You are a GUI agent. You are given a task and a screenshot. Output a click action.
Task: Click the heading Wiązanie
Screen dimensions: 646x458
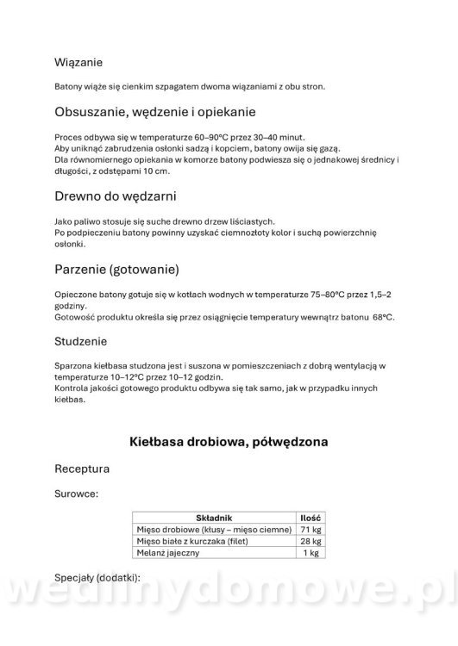click(x=79, y=62)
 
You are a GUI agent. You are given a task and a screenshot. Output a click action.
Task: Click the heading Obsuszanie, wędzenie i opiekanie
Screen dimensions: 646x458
click(x=154, y=112)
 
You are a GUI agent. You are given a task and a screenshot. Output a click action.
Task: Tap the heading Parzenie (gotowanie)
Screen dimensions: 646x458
click(x=116, y=270)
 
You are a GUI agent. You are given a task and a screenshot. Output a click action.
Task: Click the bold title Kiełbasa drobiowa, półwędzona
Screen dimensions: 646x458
click(x=229, y=442)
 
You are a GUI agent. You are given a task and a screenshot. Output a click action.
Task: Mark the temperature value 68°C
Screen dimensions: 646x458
click(x=384, y=317)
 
